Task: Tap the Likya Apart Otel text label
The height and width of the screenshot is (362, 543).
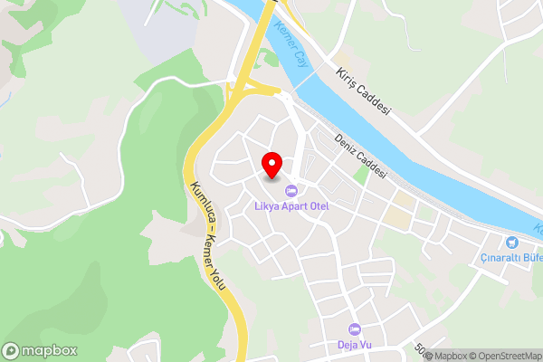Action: (291, 206)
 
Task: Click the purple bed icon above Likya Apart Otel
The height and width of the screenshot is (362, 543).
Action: (291, 191)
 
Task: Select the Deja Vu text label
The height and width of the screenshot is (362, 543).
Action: (354, 344)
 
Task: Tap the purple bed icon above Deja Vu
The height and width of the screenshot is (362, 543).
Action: (354, 329)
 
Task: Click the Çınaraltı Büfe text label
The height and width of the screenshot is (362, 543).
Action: (511, 257)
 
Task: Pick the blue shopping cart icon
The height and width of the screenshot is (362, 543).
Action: (512, 242)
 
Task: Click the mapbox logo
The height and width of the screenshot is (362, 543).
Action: (40, 350)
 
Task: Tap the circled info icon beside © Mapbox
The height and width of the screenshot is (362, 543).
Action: (428, 356)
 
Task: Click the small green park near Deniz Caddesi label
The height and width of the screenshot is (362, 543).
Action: (362, 174)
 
